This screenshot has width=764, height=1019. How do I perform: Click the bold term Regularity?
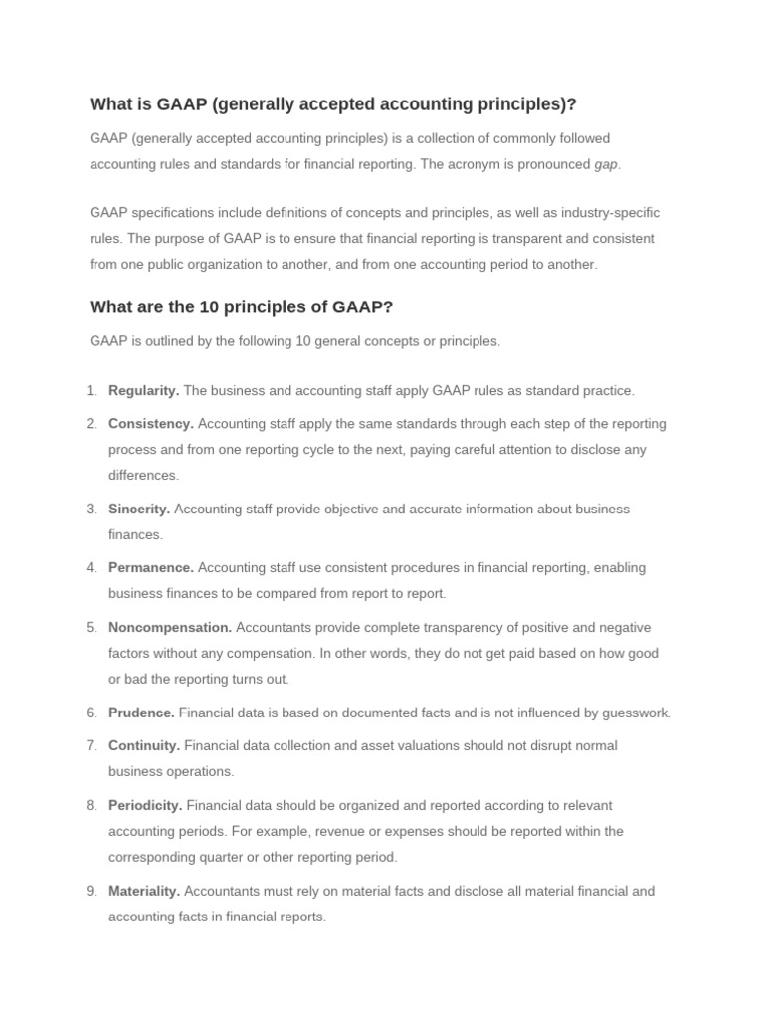pyautogui.click(x=143, y=390)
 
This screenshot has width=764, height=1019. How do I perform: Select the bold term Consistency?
pyautogui.click(x=150, y=423)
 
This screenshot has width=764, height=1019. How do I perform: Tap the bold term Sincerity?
pyautogui.click(x=139, y=509)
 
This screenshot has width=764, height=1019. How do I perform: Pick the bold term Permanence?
pyautogui.click(x=151, y=567)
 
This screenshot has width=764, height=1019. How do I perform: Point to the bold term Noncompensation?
pyautogui.click(x=170, y=627)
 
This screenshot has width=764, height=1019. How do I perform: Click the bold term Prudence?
pyautogui.click(x=141, y=713)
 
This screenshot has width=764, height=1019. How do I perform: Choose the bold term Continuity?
pyautogui.click(x=144, y=745)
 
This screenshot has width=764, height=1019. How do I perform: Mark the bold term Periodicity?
pyautogui.click(x=145, y=805)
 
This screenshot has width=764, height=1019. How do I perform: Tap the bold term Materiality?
pyautogui.click(x=144, y=891)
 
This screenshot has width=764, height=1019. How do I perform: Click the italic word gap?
pyautogui.click(x=606, y=164)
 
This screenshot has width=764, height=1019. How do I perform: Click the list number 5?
pyautogui.click(x=92, y=627)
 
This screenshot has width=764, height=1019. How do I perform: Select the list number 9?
pyautogui.click(x=92, y=891)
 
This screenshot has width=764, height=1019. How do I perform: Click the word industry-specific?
pyautogui.click(x=600, y=213)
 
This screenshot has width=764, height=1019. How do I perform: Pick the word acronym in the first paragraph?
pyautogui.click(x=472, y=164)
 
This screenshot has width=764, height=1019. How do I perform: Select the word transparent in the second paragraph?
pyautogui.click(x=533, y=239)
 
